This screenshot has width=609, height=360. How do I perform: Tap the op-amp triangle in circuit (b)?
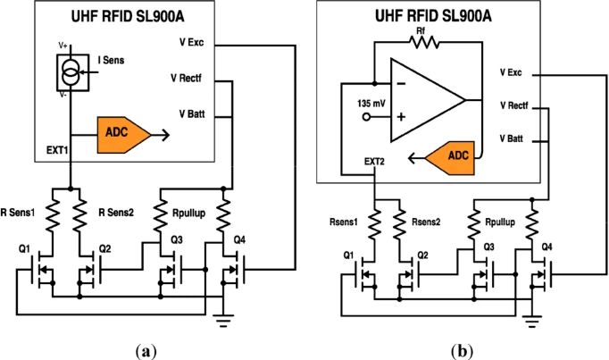pos(420,101)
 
